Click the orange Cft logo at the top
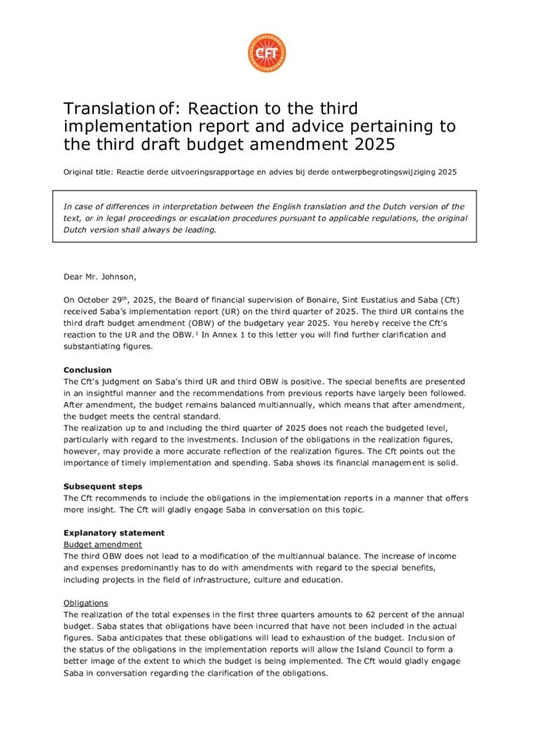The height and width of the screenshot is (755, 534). coord(266,53)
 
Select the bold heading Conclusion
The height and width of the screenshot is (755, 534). coord(87,370)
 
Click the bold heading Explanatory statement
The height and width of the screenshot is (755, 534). coord(114,532)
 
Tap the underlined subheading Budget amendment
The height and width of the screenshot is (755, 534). coord(102,544)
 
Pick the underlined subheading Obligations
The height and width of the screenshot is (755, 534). coord(86,602)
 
